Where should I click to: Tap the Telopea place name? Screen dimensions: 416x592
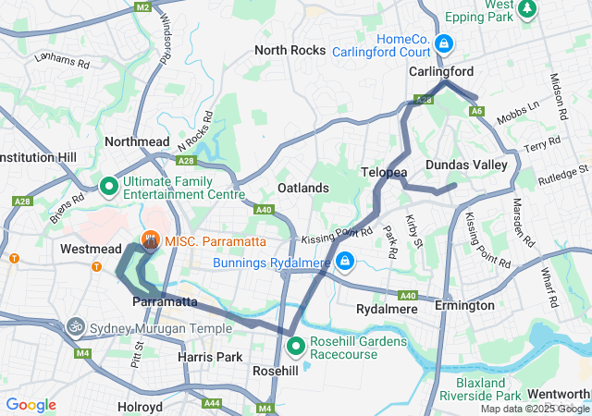[x=383, y=173]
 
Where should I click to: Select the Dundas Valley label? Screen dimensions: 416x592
[x=466, y=165]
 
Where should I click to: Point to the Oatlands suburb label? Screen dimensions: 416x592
[x=303, y=188]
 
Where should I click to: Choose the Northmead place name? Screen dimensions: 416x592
[x=137, y=141]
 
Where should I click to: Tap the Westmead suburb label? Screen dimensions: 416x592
[x=91, y=250]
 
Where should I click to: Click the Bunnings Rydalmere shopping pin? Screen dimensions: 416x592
[x=345, y=263]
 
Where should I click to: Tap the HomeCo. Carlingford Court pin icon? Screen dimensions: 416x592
[x=444, y=43]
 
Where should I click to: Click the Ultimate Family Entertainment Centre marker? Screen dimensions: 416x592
[x=108, y=188]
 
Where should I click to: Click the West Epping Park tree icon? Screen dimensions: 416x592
[x=528, y=8]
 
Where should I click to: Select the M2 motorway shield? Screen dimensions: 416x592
[x=142, y=7]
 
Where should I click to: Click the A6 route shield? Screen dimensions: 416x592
[x=477, y=111]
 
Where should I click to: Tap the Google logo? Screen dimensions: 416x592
[x=31, y=405]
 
